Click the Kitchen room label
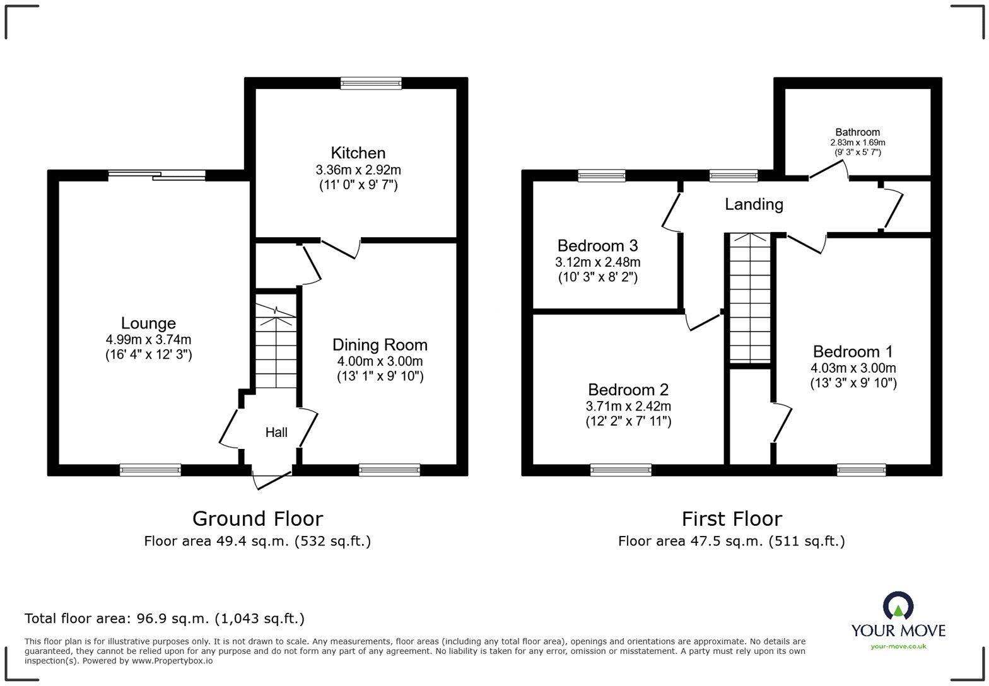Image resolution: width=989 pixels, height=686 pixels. tap(358, 153)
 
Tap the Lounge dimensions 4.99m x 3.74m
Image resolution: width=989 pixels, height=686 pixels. tap(148, 339)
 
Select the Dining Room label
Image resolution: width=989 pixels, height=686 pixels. tap(380, 345)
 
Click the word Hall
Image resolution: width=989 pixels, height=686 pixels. tap(276, 433)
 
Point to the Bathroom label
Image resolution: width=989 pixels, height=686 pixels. tap(857, 132)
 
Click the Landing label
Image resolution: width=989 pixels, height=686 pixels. tap(754, 204)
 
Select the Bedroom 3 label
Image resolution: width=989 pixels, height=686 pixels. tap(597, 245)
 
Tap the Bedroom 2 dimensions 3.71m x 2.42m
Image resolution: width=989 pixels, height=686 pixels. tap(628, 407)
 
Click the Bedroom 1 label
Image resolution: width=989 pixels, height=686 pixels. tap(853, 352)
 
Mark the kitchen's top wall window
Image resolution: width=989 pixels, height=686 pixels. tap(370, 83)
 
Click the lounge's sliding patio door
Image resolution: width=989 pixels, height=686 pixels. tap(156, 175)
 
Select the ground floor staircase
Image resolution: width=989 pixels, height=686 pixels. tap(276, 347)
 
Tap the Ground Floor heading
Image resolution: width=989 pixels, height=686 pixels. tap(257, 519)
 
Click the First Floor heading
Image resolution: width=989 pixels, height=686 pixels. tap(732, 519)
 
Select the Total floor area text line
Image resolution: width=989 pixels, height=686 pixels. tap(165, 619)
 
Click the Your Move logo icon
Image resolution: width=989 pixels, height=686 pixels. tap(898, 606)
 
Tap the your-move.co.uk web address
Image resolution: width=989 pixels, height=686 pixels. tap(898, 646)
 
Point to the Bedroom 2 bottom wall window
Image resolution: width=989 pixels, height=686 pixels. tap(621, 470)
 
